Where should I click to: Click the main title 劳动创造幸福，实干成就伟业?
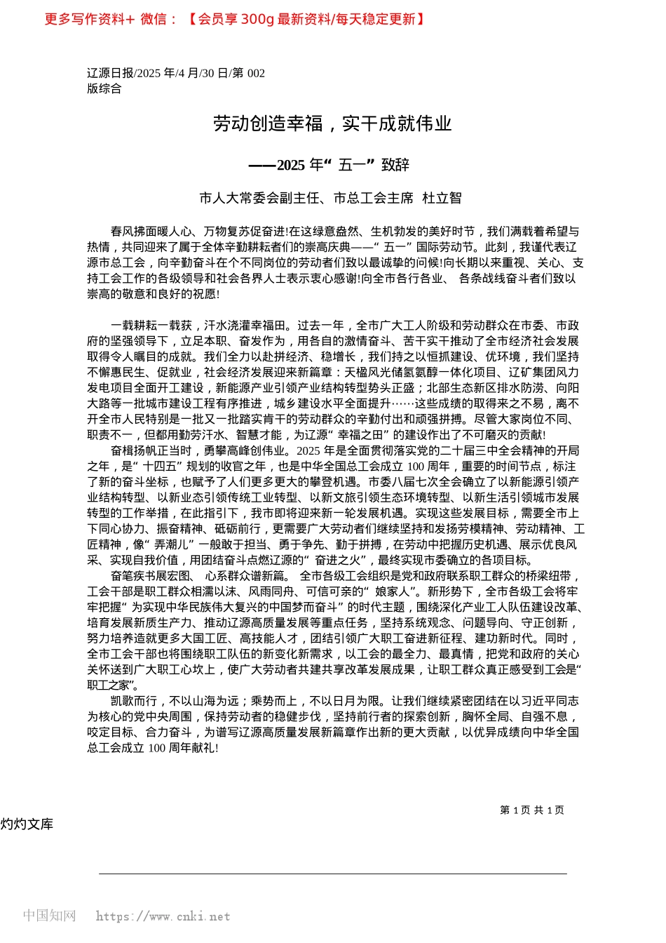click(x=332, y=124)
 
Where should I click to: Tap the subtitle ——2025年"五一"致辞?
click(x=329, y=165)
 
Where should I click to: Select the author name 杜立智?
click(x=442, y=199)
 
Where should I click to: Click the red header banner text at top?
click(x=235, y=19)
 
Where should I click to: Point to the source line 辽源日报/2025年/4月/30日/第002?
click(x=176, y=73)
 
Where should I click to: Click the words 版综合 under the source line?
click(x=104, y=88)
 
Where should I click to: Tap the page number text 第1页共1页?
click(x=532, y=810)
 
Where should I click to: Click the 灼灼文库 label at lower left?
click(x=27, y=824)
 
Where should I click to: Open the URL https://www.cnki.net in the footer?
click(x=163, y=916)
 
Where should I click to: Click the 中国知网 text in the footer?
click(x=49, y=916)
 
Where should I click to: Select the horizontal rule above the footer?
click(x=332, y=874)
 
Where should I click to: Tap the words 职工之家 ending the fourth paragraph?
click(x=109, y=685)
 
